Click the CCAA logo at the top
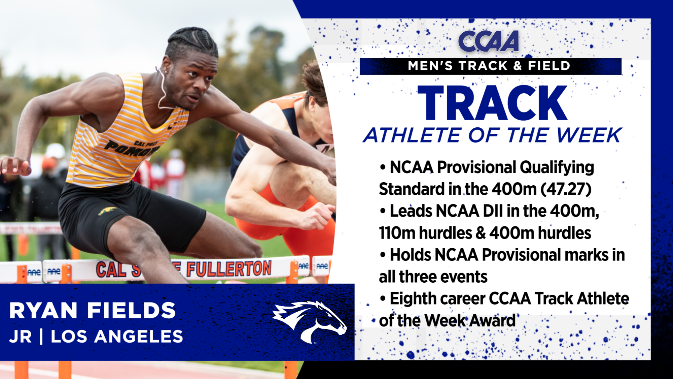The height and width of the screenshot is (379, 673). (x=489, y=41)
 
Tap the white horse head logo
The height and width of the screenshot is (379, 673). (x=309, y=321)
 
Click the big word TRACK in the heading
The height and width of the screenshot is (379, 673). (x=493, y=103)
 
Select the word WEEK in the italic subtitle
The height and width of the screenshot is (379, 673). (x=589, y=135)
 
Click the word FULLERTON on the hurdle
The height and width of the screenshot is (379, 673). (x=229, y=269)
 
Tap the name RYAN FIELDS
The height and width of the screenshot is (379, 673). (x=93, y=310)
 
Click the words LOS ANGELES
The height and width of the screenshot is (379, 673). (x=117, y=337)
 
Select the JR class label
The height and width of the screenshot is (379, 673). (x=21, y=337)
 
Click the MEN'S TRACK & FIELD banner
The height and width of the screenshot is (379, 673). (x=490, y=66)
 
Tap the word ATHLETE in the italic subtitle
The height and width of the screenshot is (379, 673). (x=413, y=135)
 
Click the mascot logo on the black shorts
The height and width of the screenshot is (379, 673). (x=107, y=211)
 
